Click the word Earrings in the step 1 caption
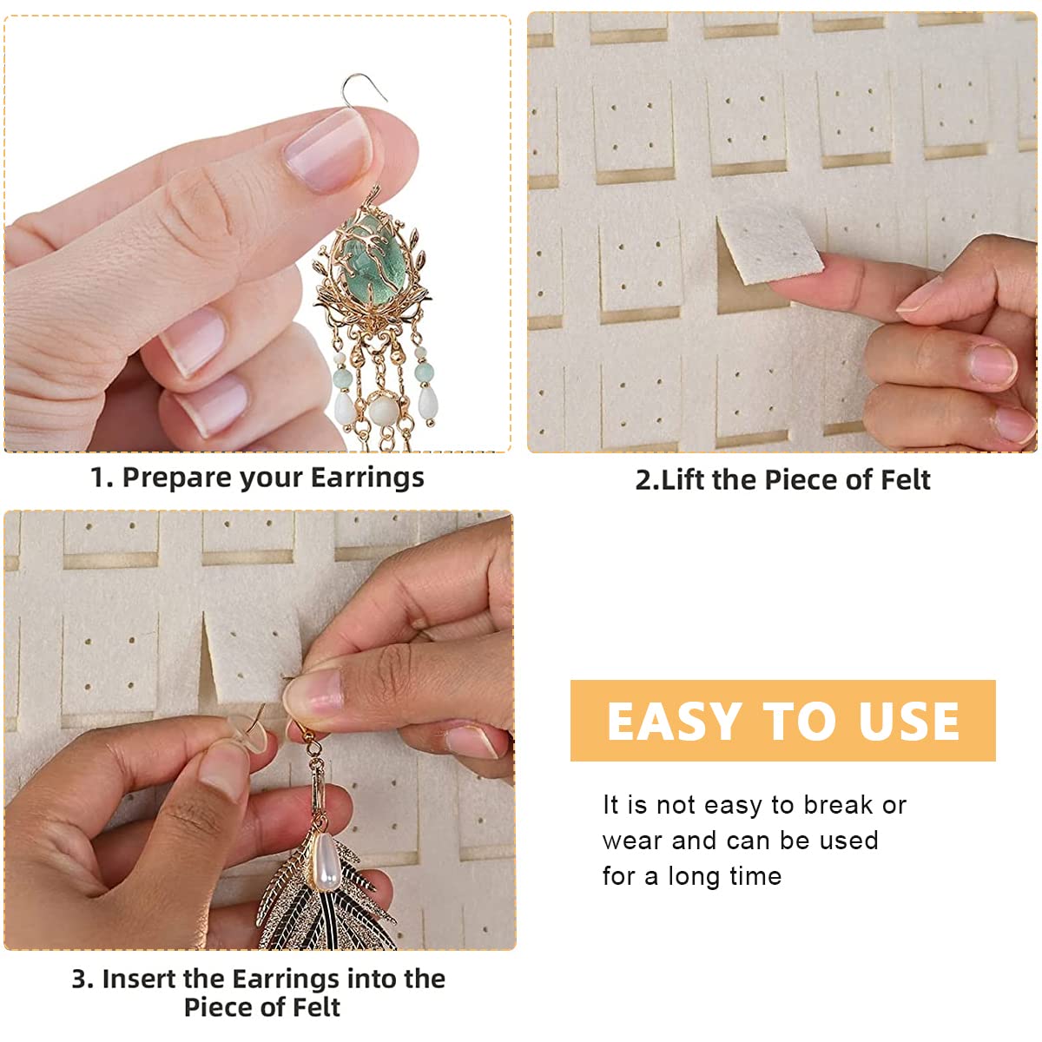click(x=366, y=478)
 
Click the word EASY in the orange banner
click(x=674, y=722)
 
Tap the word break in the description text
click(x=837, y=805)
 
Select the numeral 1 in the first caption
click(x=98, y=478)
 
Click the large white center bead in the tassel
click(x=382, y=409)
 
